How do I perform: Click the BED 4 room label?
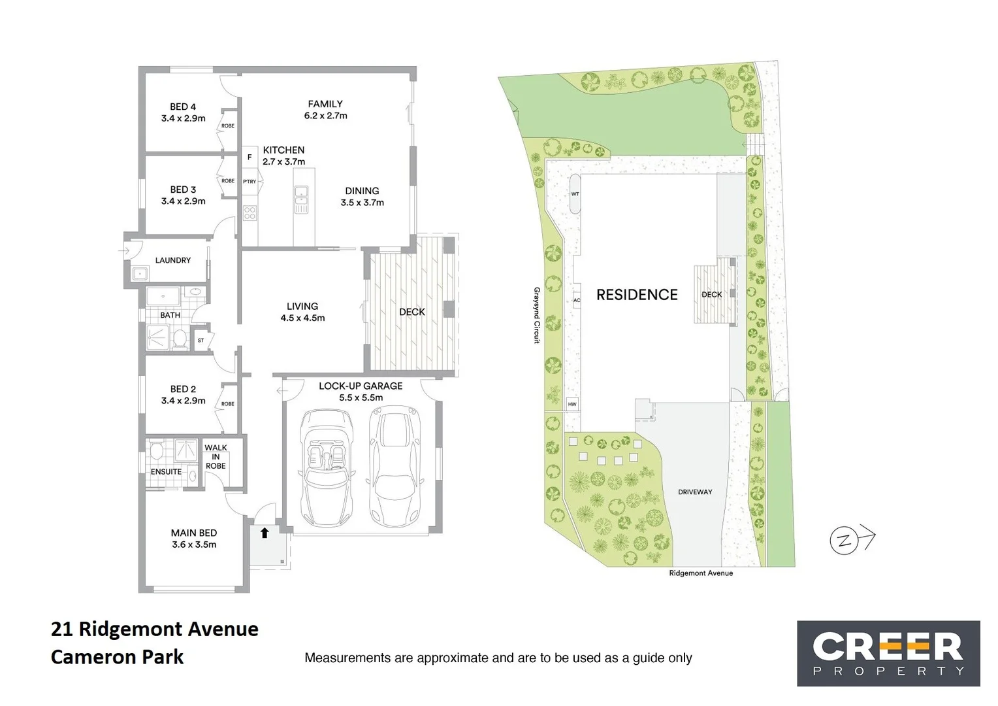[x=183, y=107]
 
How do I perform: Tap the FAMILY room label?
[x=325, y=104]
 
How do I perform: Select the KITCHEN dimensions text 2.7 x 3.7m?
[x=284, y=161]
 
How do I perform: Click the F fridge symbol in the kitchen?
[x=249, y=158]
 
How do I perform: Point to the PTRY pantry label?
[x=249, y=181]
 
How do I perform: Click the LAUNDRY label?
[x=173, y=260]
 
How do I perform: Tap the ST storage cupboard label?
[x=201, y=341]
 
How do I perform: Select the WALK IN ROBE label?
[x=216, y=457]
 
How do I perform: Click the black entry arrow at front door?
[x=265, y=533]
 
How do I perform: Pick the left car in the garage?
[x=326, y=467]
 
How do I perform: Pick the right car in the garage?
[x=394, y=466]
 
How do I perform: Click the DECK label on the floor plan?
[x=412, y=312]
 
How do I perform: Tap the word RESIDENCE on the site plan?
[x=637, y=295]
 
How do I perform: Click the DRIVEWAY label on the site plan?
[x=695, y=492]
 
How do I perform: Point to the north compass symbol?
[x=845, y=541]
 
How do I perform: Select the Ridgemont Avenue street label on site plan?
[x=701, y=573]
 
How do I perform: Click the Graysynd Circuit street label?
[x=537, y=315]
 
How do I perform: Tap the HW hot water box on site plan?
[x=572, y=405]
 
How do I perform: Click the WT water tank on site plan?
[x=575, y=194]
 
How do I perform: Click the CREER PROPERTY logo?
[x=888, y=653]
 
